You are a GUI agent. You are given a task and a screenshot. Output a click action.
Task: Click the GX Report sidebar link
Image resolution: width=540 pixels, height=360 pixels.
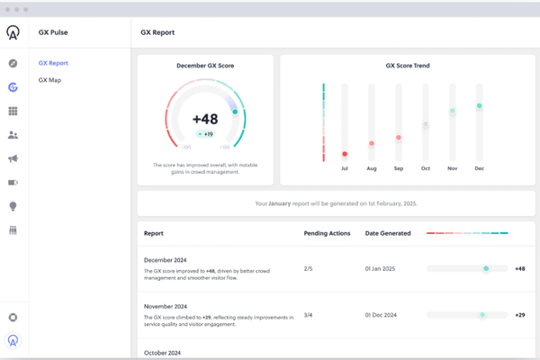click(53, 63)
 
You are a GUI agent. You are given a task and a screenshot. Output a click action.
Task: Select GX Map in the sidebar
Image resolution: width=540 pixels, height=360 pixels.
click(49, 80)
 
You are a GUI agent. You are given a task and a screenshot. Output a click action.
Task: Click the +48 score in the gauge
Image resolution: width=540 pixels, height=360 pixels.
click(204, 119)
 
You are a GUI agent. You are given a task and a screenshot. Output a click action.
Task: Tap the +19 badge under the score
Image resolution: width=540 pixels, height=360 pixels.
click(205, 134)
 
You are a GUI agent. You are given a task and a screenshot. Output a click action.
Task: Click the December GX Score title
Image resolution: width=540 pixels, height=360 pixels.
click(204, 66)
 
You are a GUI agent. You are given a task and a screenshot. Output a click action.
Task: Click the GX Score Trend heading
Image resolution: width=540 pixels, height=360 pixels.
click(408, 66)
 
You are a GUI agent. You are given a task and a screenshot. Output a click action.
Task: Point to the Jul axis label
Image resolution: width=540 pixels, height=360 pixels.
click(344, 168)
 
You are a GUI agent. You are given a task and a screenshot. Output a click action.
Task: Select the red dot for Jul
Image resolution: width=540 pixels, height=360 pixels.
click(344, 154)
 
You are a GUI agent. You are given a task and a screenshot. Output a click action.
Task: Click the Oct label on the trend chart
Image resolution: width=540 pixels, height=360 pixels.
click(425, 168)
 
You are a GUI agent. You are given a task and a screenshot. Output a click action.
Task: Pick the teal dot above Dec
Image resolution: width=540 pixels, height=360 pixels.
click(480, 106)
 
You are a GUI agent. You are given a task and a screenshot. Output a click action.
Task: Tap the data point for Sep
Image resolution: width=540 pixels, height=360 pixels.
click(399, 137)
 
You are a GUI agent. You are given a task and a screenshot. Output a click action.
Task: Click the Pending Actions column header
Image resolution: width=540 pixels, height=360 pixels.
click(326, 233)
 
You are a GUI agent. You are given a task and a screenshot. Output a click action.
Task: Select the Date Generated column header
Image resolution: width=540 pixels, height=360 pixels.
click(388, 233)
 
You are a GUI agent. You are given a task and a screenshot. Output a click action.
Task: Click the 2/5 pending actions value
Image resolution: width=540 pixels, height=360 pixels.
click(309, 268)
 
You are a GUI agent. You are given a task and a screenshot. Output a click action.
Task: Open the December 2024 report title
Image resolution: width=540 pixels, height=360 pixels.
click(166, 258)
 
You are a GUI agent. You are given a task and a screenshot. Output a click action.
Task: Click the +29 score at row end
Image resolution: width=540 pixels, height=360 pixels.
click(519, 314)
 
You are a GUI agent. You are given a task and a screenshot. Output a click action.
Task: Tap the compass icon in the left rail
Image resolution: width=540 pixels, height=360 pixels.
click(13, 64)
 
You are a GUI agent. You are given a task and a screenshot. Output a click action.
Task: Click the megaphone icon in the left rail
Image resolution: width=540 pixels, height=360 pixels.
click(13, 158)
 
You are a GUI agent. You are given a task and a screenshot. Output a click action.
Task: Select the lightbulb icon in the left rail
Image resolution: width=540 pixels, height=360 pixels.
click(13, 206)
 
